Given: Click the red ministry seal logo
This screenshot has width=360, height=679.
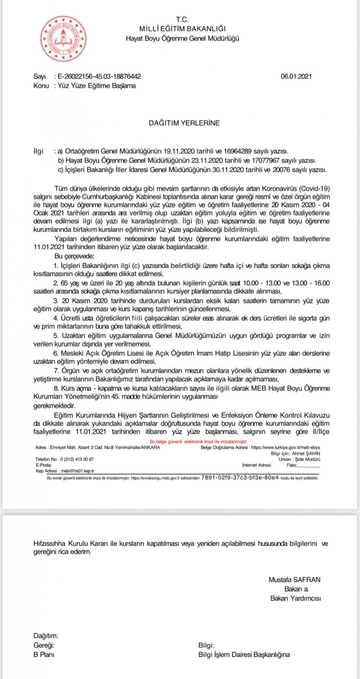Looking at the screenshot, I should pos(63,39).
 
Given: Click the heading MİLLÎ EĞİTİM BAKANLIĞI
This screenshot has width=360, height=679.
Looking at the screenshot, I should pos(182,29).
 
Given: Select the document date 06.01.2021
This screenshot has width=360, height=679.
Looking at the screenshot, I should pos(296,76).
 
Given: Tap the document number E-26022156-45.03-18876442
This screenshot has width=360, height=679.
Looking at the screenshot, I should pos(99,76).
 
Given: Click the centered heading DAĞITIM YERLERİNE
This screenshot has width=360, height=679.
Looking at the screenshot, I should pos(184,123).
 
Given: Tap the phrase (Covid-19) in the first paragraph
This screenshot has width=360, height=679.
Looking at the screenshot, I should pos(315,189).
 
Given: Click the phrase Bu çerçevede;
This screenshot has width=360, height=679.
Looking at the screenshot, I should pos(74,256).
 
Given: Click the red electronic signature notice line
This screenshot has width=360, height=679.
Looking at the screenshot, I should pos(198,442).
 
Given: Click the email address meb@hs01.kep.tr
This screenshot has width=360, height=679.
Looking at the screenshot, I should pos(76,471).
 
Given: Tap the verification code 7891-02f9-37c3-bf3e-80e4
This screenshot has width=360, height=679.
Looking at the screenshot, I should pos(240,477).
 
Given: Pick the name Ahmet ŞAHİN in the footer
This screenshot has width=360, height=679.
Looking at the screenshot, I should pos(306,454).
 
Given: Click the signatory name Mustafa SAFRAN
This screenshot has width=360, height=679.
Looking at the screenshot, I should pos(295,580).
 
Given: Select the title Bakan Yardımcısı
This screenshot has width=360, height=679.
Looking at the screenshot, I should pos(296,598).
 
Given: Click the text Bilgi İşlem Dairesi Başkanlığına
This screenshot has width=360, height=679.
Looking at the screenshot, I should pos(244,654).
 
